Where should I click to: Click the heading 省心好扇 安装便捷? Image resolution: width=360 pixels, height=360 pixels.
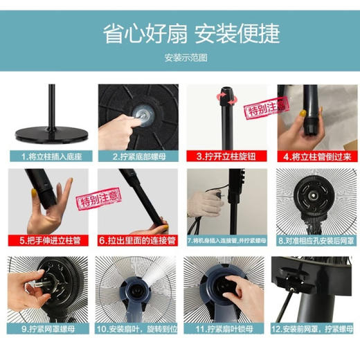pyautogui.click(x=180, y=32)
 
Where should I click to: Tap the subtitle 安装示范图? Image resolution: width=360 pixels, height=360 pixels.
pyautogui.click(x=180, y=57)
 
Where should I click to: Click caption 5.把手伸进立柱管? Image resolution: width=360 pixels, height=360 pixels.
pyautogui.click(x=48, y=241)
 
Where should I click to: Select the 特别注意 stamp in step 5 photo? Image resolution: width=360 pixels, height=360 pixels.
pyautogui.click(x=77, y=201)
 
